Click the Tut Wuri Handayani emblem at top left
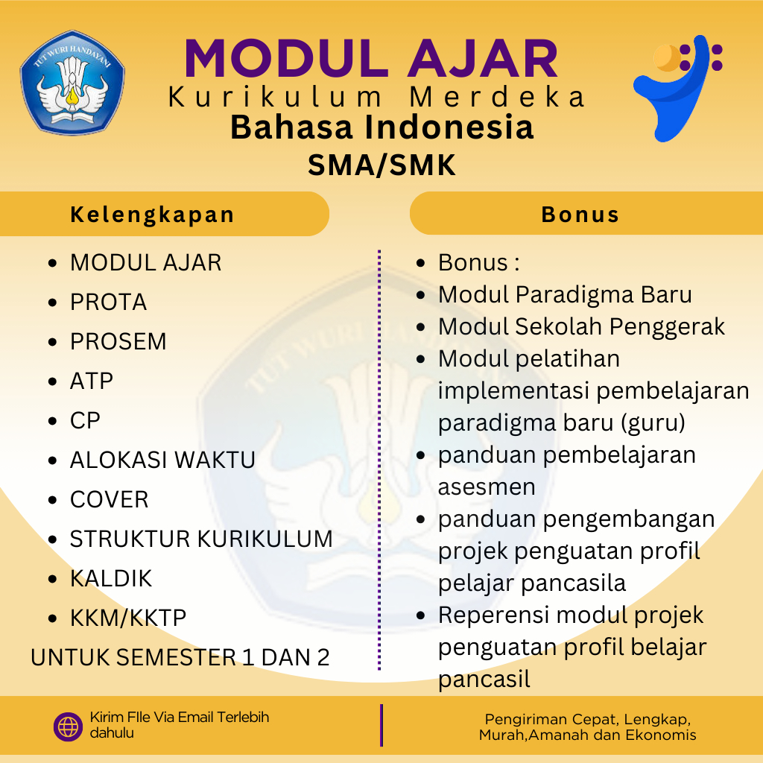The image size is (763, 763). [x=72, y=83]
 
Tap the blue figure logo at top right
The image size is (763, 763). [x=677, y=89]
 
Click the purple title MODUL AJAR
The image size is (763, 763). [x=371, y=58]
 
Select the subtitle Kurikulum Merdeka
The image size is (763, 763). [x=376, y=96]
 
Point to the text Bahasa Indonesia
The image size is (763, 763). [x=382, y=127]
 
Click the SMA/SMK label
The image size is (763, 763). [x=382, y=165]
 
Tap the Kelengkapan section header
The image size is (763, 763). [x=152, y=215]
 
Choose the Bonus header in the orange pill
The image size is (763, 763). [x=580, y=215]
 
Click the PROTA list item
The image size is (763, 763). [x=109, y=303]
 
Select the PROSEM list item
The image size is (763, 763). [x=118, y=341]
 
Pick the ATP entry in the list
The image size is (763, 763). [x=92, y=381]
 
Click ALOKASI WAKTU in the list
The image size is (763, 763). [x=162, y=460]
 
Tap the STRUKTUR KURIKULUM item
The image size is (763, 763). [x=201, y=539]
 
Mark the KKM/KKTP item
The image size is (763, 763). [x=128, y=618]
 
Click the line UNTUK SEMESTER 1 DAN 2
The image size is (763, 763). [x=180, y=657]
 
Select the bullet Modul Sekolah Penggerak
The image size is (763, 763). [x=581, y=327]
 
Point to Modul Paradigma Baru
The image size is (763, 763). [x=565, y=295]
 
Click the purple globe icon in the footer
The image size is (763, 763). [x=68, y=727]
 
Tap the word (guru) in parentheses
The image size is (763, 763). [x=653, y=423]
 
